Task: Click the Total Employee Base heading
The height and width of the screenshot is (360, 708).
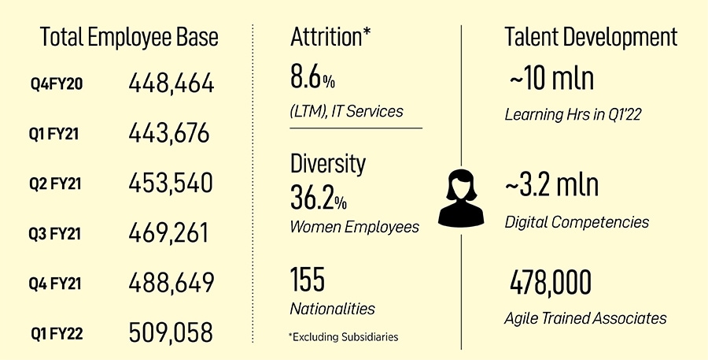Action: click(129, 37)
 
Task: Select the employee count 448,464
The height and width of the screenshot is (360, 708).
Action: click(171, 84)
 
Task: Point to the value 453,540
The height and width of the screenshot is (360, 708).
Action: click(170, 184)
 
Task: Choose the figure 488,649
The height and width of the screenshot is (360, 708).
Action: click(171, 283)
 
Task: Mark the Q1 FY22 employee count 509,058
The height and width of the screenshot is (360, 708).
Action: click(171, 332)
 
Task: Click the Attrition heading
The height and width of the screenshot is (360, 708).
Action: click(330, 37)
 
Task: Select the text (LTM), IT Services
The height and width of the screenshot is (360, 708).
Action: click(346, 111)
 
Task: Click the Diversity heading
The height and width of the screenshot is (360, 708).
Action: click(328, 164)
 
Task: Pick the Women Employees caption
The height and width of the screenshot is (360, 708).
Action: click(355, 227)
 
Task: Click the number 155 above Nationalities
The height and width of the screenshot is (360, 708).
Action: click(308, 280)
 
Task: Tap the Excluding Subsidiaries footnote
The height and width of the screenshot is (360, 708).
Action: click(344, 337)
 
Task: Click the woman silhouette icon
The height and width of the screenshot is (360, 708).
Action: click(462, 199)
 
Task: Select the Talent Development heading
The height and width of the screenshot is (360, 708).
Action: click(591, 37)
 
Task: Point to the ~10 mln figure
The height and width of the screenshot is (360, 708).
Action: click(551, 81)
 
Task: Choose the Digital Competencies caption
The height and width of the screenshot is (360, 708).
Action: click(577, 222)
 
